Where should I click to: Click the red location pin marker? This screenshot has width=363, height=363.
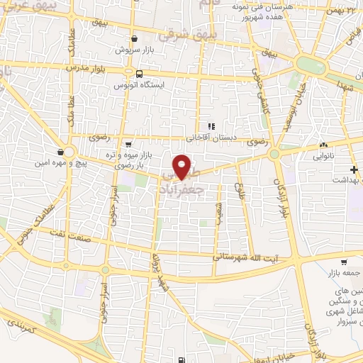pyautogui.click(x=184, y=166)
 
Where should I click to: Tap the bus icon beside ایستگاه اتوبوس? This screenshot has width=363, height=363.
pyautogui.click(x=139, y=72)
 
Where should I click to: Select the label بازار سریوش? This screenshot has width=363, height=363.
pyautogui.click(x=135, y=51)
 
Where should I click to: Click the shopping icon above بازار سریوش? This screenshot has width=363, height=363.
pyautogui.click(x=135, y=39)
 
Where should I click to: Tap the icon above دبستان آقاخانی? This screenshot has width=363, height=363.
pyautogui.click(x=210, y=126)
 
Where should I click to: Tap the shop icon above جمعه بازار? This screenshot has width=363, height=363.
pyautogui.click(x=343, y=260)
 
